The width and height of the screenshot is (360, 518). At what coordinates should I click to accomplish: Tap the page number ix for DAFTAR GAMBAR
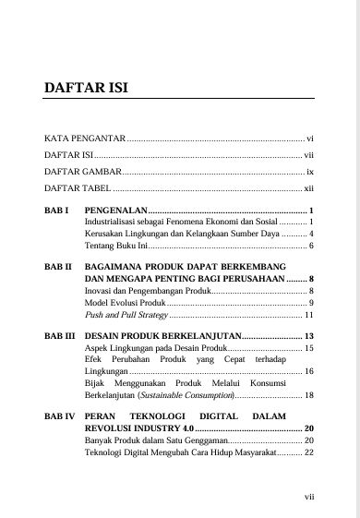coord(310,171)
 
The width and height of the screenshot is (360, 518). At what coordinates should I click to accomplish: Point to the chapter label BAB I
coord(56,211)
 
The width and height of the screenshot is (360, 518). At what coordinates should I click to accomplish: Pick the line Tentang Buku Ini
coord(115,246)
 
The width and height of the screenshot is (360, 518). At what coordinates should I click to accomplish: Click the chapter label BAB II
coord(58,265)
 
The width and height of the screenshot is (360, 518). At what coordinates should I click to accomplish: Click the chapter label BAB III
coord(60,336)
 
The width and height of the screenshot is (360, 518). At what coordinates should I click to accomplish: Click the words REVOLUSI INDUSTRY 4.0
coord(138,429)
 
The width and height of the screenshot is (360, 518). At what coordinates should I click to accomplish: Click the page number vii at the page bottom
coord(309,496)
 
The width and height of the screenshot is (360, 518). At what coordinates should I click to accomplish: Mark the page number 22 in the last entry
coord(309,453)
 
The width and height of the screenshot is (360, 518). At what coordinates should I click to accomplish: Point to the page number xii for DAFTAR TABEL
coord(309,187)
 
